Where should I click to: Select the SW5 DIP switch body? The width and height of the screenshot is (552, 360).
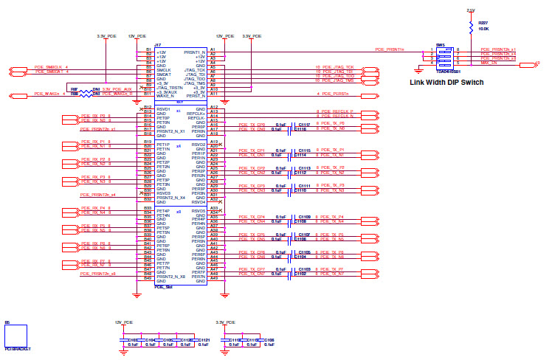tap(444, 58)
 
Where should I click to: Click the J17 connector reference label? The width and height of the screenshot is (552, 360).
tap(158, 45)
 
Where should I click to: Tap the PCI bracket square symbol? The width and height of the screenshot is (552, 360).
tap(15, 336)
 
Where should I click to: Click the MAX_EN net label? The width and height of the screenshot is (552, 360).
tap(490, 63)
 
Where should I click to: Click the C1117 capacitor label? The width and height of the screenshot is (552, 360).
tap(303, 124)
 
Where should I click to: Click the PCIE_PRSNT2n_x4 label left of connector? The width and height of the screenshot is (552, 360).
tap(97, 195)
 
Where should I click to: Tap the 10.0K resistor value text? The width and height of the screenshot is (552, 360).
tap(484, 30)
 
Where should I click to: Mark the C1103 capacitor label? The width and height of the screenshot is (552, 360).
tap(303, 269)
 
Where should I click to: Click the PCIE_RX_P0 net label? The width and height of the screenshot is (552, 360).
tap(96, 116)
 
